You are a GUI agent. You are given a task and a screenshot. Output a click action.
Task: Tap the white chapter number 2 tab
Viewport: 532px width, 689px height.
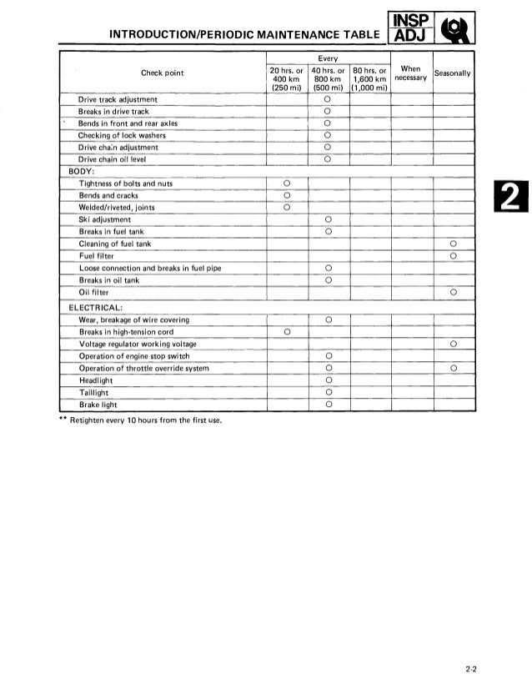(x=508, y=199)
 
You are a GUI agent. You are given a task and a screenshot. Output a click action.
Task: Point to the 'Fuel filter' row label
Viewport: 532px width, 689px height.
(x=99, y=256)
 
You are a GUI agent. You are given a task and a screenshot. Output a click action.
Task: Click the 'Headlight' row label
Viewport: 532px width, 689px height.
(x=96, y=380)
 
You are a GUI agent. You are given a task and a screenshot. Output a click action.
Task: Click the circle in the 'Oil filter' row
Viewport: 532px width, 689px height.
(x=454, y=293)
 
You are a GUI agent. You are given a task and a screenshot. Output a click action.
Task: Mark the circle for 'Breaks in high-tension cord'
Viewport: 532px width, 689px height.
(x=286, y=332)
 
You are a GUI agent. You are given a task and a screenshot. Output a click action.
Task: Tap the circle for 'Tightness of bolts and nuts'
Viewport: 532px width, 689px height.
(x=286, y=183)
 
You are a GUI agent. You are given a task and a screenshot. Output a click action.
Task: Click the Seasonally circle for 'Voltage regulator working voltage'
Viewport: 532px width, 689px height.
(x=454, y=344)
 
